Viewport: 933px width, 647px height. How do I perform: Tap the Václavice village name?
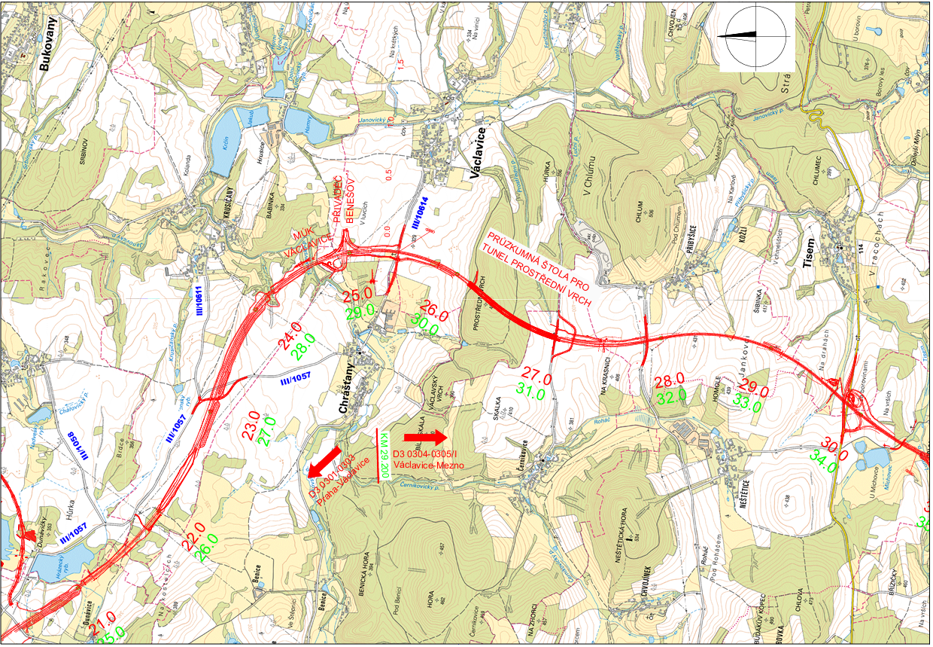click(476, 152)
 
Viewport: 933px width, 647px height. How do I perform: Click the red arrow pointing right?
click(425, 436)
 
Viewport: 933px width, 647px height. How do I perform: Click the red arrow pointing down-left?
click(324, 457)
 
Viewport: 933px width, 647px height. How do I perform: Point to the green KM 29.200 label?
click(384, 456)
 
